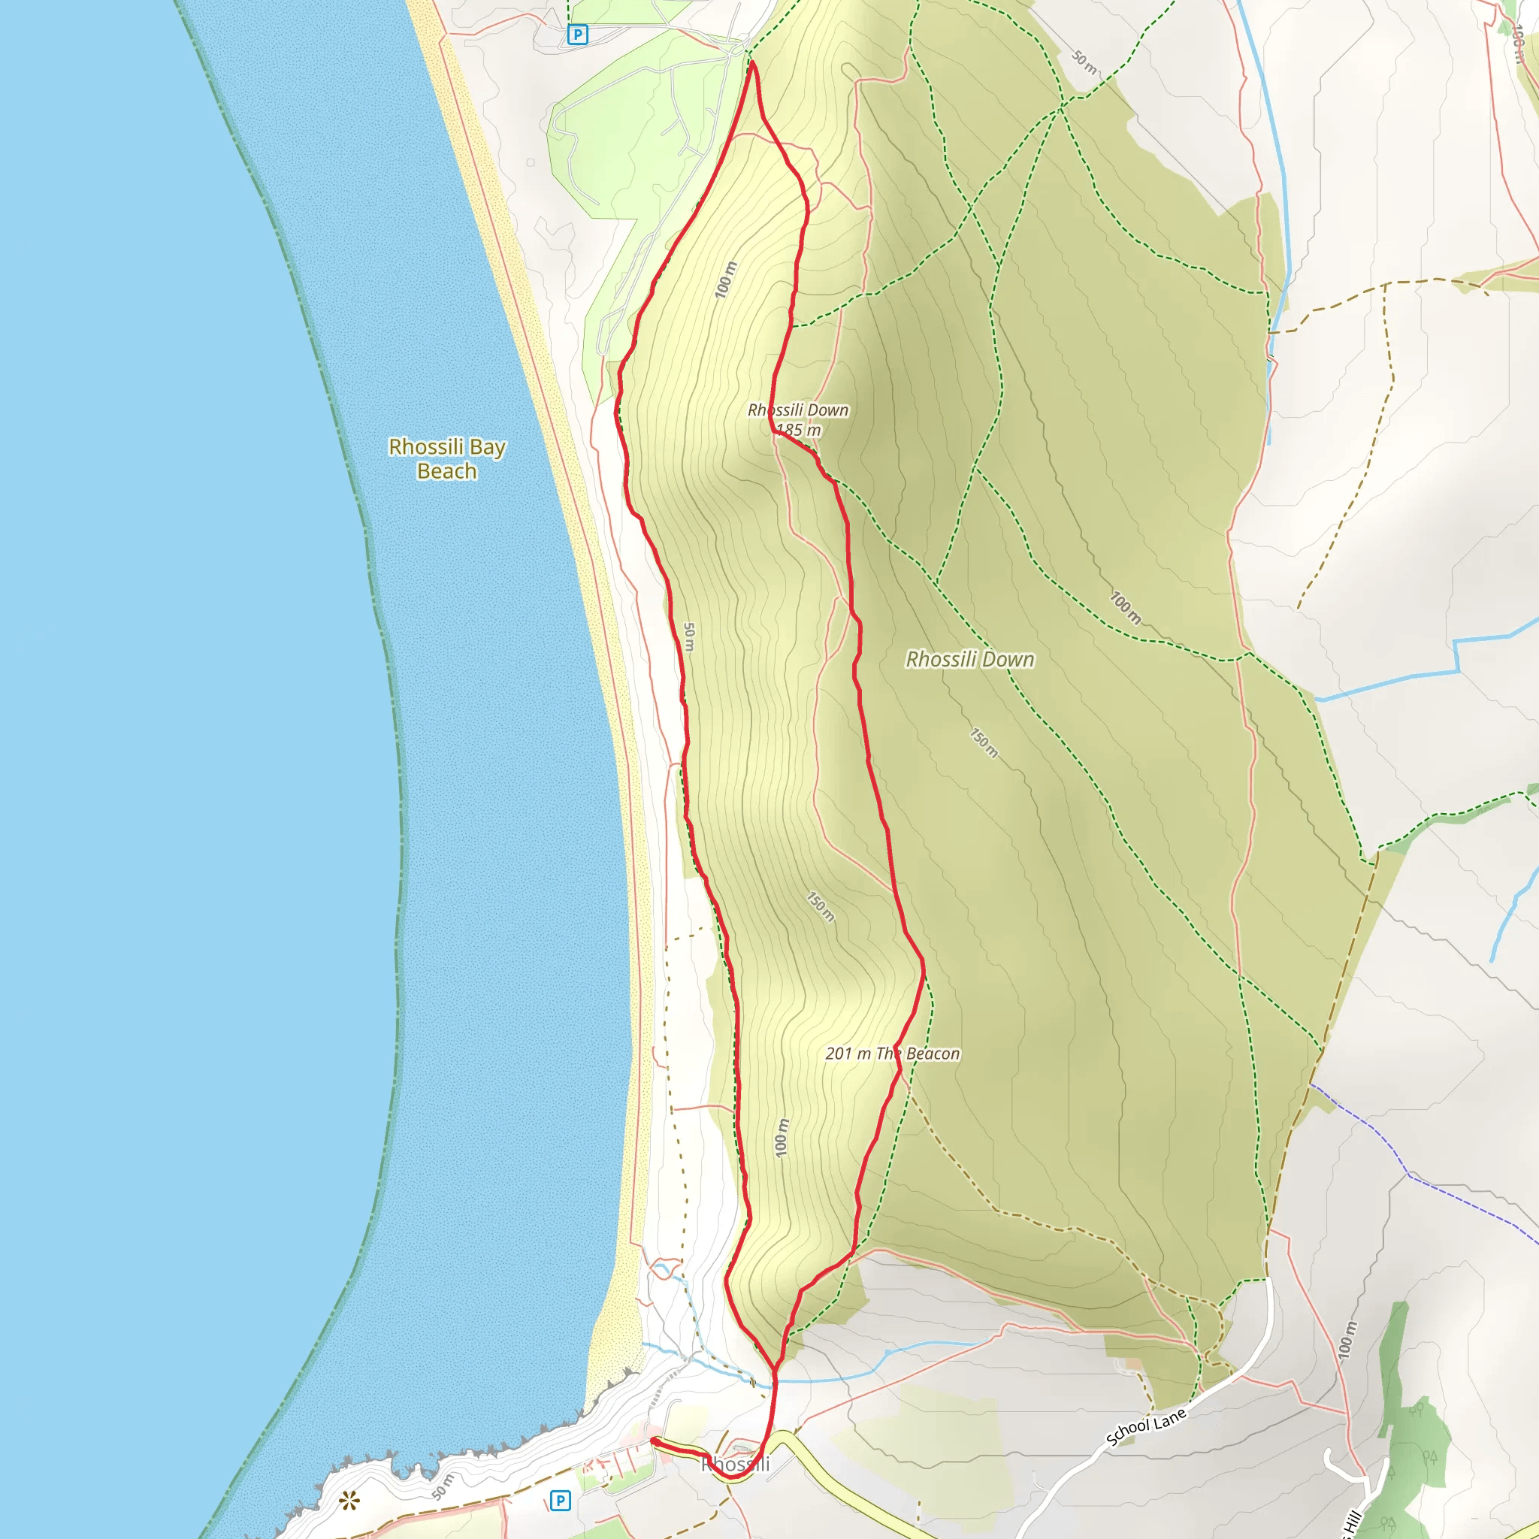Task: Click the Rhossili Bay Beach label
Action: tap(446, 459)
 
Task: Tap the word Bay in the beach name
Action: tap(487, 447)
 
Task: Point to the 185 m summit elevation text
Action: tap(798, 430)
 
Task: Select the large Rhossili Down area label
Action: tap(969, 660)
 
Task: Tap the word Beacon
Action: tap(933, 1054)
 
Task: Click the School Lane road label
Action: tap(1146, 1427)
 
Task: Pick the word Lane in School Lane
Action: tap(1169, 1417)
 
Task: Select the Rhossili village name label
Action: tap(735, 1464)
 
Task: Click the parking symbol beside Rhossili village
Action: tap(560, 1501)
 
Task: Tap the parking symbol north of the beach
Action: tap(576, 35)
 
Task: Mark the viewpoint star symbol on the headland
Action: tap(349, 1501)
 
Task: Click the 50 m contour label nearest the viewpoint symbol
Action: tap(443, 1487)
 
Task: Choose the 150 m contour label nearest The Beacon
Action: tap(821, 906)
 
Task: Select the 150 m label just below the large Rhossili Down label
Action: tap(984, 742)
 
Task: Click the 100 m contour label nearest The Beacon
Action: tap(782, 1138)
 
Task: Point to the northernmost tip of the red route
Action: tap(751, 62)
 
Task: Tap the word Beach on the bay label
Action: tap(446, 472)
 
